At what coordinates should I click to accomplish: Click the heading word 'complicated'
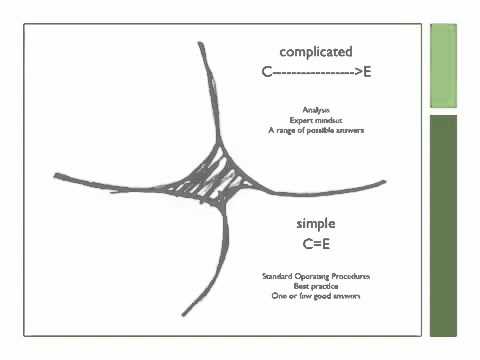point(315,52)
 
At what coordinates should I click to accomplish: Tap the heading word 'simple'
point(315,223)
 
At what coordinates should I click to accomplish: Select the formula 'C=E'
point(315,244)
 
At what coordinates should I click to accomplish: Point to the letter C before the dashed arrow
point(265,73)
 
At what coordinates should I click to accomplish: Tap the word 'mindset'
point(327,119)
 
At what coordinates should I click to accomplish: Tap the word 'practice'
point(326,286)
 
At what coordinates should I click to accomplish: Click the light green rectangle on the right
point(443,65)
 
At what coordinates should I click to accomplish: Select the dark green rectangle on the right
point(443,225)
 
